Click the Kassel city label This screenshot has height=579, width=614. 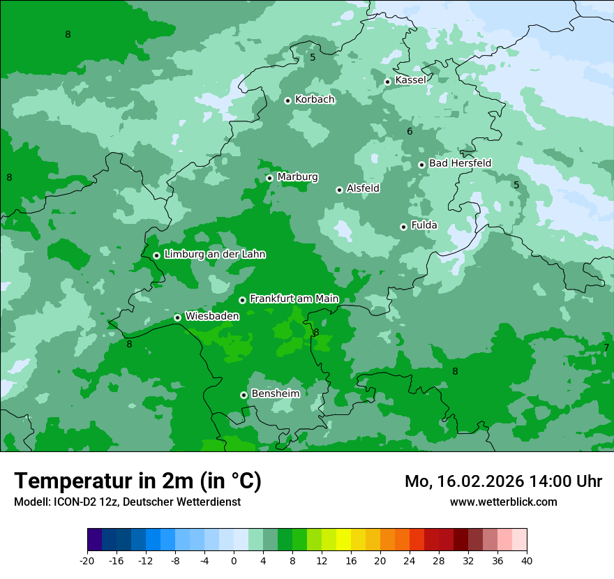tap(410, 80)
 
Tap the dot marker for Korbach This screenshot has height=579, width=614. tap(287, 100)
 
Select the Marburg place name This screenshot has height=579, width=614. tap(297, 177)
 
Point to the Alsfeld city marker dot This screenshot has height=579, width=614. tap(339, 190)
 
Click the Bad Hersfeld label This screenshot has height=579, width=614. tap(460, 163)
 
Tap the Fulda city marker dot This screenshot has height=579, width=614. tap(403, 227)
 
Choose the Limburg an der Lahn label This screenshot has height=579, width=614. tap(214, 255)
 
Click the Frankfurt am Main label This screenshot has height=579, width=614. tap(294, 299)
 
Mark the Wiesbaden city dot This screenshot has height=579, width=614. tap(177, 317)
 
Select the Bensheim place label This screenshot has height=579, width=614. tap(275, 393)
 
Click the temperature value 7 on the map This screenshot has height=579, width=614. tap(606, 347)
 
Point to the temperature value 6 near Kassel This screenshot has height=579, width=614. tap(410, 131)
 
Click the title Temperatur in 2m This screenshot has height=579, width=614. tap(137, 481)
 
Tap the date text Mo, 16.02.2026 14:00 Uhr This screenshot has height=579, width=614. tap(503, 481)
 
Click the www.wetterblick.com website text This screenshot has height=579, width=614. tap(503, 502)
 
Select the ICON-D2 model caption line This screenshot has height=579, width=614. tap(127, 502)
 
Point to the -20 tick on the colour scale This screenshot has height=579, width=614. tap(87, 560)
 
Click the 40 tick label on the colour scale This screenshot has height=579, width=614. tap(526, 560)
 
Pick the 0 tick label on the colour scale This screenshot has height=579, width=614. tap(234, 560)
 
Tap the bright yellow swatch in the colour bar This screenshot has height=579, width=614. tap(343, 540)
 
